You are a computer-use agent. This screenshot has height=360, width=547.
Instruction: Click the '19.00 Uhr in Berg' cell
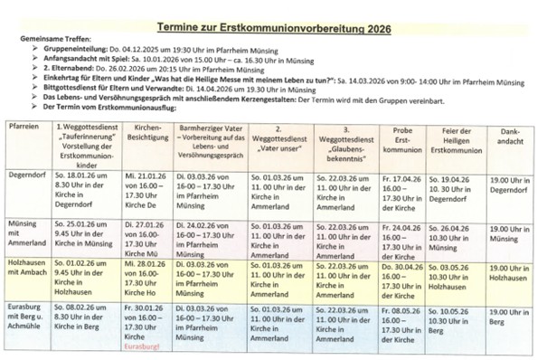[509, 314]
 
